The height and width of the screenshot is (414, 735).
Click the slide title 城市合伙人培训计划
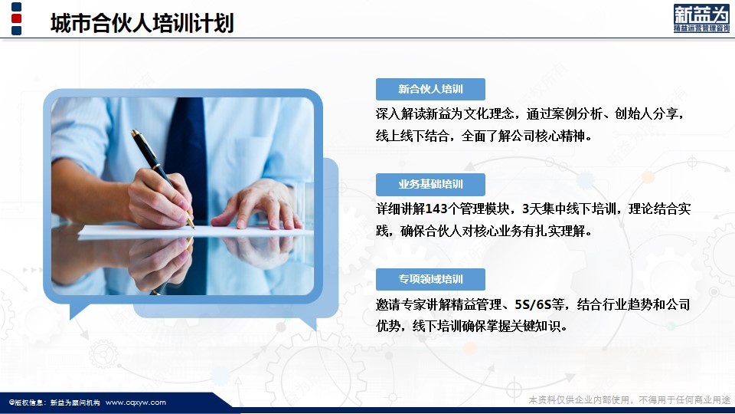(x=142, y=23)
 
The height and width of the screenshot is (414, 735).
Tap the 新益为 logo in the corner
(x=701, y=18)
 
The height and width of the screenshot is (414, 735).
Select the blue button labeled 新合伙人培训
(x=430, y=89)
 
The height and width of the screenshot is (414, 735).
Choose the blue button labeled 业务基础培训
(x=430, y=185)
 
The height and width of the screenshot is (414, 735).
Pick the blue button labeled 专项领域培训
(x=430, y=279)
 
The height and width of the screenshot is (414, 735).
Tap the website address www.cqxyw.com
(x=136, y=402)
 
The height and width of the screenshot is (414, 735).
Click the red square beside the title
(x=16, y=18)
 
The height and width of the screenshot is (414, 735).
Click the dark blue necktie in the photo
(x=187, y=155)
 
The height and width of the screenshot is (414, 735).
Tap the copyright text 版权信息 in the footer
(x=28, y=402)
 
